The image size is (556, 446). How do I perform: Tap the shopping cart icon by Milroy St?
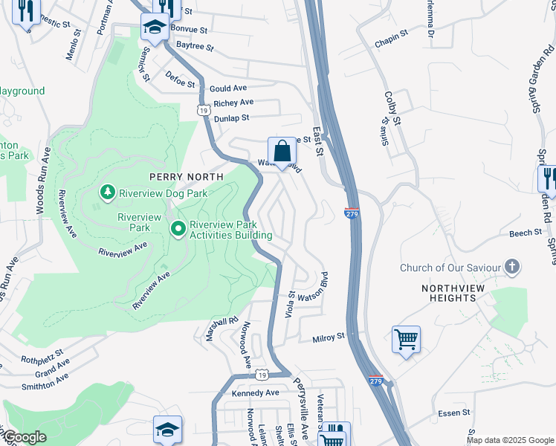click(406, 340)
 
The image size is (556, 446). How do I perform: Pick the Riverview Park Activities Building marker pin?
click(178, 229)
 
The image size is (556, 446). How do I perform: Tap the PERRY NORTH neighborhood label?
click(186, 177)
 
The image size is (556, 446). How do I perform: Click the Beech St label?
click(525, 233)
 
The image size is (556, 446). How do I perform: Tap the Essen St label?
click(455, 412)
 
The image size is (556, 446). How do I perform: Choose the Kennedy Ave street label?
click(255, 392)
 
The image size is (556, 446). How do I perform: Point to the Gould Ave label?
click(227, 88)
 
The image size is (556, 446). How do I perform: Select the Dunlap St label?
click(231, 117)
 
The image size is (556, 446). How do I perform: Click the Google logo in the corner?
click(24, 437)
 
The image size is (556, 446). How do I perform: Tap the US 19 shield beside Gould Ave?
click(203, 110)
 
